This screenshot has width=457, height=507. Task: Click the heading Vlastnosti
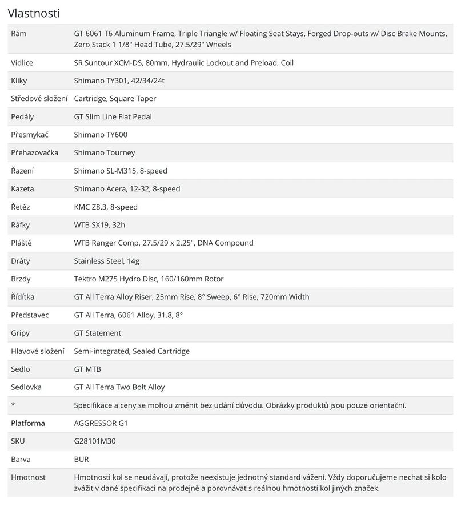point(34,13)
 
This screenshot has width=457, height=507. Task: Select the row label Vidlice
point(23,62)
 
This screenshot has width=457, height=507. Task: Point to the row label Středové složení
point(38,98)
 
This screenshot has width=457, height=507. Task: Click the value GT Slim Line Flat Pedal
point(113,116)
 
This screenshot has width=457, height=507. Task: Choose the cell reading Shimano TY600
point(101,135)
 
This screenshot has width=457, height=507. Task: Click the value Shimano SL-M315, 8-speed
point(121,171)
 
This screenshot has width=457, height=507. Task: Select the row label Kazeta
point(22,188)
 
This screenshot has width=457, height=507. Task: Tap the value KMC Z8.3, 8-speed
point(106,207)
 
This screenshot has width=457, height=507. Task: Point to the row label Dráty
point(21,261)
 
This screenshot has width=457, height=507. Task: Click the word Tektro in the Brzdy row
point(86,279)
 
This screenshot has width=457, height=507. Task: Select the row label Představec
point(30,315)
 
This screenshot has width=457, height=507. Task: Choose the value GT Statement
point(98,333)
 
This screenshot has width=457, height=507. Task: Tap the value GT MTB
point(87,369)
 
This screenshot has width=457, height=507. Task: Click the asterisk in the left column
point(13,405)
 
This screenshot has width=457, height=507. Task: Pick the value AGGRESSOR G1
point(100,423)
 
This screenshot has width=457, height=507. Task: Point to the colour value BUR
point(82,459)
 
